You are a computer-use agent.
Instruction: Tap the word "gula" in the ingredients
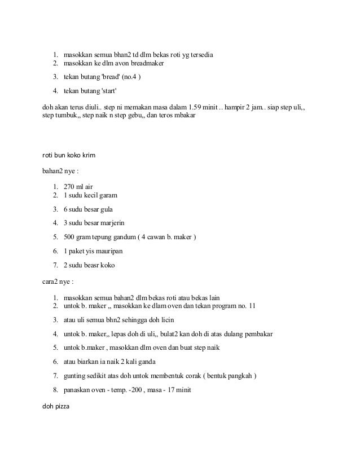click(x=115, y=209)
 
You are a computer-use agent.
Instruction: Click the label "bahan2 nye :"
click(x=62, y=169)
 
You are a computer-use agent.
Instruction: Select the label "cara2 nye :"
click(x=59, y=279)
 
